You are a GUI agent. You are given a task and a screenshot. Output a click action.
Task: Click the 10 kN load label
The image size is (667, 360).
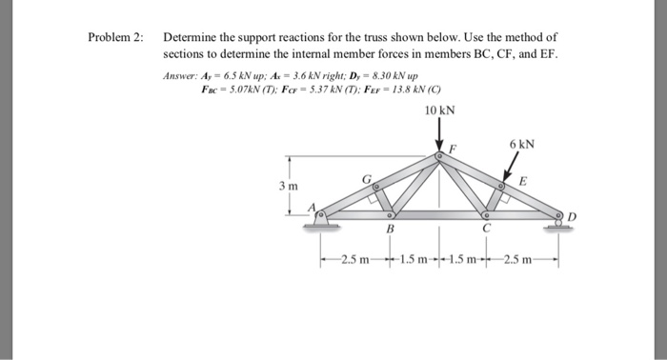439,111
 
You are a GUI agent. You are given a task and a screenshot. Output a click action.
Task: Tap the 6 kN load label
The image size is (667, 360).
521,145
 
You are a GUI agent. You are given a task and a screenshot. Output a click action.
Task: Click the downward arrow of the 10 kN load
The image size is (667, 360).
439,135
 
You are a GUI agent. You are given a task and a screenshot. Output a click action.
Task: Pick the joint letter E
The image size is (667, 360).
523,182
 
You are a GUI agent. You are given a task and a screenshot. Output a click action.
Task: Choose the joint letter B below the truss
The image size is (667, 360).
389,230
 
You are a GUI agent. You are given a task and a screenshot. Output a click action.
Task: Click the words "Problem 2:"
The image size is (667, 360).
115,37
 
